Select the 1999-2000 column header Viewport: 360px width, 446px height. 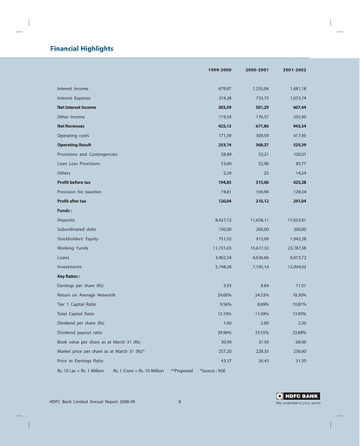coord(219,69)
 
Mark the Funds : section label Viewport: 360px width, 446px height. coord(65,211)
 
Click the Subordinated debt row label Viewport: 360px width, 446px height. coord(80,229)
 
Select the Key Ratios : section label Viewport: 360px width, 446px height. coord(71,276)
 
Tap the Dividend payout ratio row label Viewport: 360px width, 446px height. coord(79,332)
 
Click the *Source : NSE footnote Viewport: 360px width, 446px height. coord(213,370)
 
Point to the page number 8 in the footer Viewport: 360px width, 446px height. coord(179,402)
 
